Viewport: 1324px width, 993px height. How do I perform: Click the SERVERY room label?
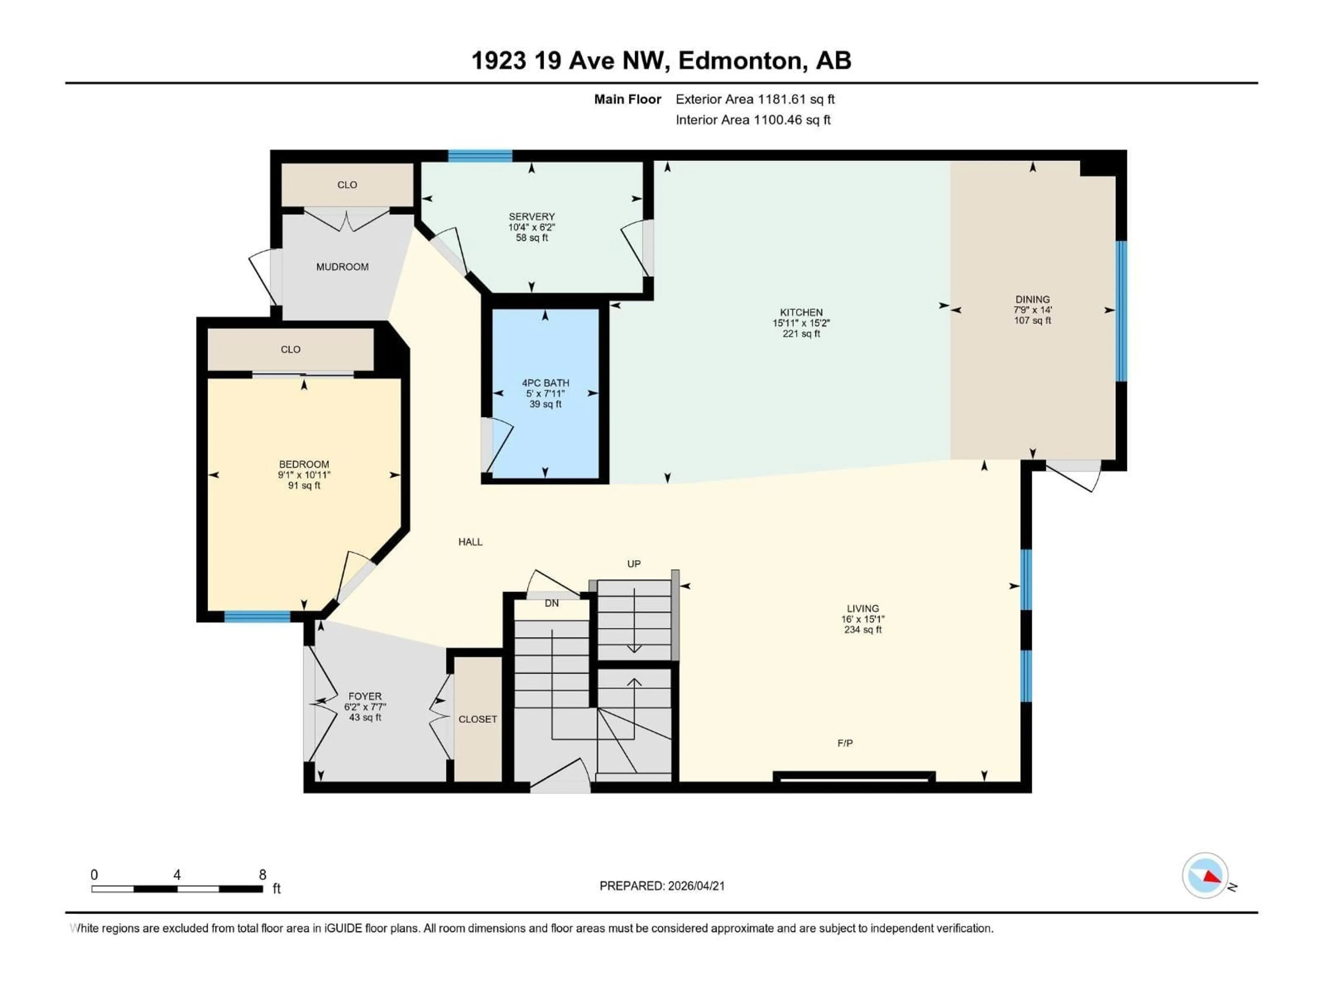[532, 217]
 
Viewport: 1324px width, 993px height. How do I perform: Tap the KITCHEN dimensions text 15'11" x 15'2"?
[801, 323]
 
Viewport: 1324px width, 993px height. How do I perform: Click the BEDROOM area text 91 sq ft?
[304, 485]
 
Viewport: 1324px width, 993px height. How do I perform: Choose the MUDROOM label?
[342, 267]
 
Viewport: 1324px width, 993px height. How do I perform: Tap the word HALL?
[470, 542]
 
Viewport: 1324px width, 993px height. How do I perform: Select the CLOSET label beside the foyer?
[478, 719]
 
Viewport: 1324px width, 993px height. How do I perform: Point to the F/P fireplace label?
[844, 743]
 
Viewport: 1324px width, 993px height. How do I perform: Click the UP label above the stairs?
[634, 564]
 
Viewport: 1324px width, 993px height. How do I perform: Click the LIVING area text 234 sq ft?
[863, 630]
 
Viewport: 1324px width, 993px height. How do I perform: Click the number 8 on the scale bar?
[262, 874]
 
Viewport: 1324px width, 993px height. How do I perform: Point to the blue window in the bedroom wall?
[257, 616]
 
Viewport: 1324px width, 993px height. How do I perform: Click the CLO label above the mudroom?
[347, 185]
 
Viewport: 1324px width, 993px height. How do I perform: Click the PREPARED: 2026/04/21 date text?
[662, 886]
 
